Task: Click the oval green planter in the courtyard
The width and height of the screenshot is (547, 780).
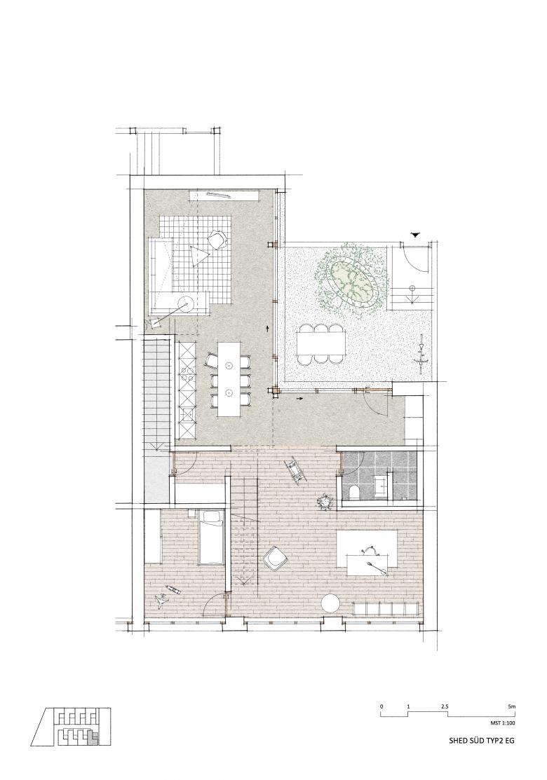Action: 351,282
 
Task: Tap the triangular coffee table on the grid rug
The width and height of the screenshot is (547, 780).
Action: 200,256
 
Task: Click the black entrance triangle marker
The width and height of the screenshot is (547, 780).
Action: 416,235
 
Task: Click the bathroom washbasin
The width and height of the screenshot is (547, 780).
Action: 381,481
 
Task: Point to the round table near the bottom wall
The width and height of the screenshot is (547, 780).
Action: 330,604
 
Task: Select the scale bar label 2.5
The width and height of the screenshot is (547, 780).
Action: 445,706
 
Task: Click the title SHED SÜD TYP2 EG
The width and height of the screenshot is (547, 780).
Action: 481,741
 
